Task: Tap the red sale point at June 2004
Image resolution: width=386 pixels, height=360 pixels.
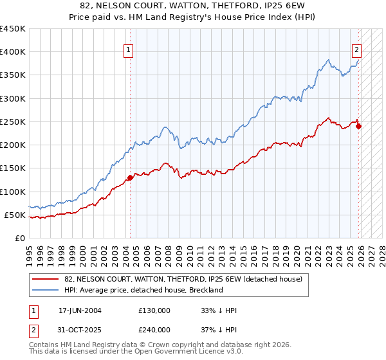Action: click(130, 177)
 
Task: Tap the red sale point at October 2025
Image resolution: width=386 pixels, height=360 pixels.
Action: click(358, 126)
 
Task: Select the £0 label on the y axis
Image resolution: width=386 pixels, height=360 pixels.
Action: click(19, 238)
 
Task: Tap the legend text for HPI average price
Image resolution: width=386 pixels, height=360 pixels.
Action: click(143, 290)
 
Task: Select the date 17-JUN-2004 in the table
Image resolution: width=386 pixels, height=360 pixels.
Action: click(80, 310)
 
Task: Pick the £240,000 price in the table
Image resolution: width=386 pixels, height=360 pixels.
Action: click(154, 329)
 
